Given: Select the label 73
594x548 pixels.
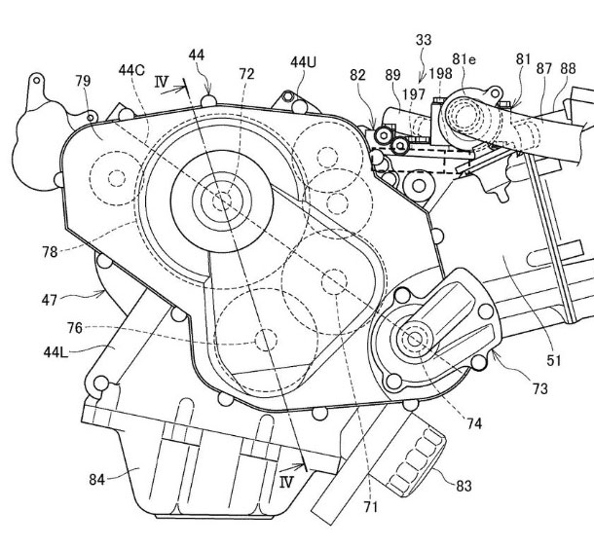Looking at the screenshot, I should (x=539, y=388).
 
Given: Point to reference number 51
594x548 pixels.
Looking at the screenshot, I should (x=553, y=360).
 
